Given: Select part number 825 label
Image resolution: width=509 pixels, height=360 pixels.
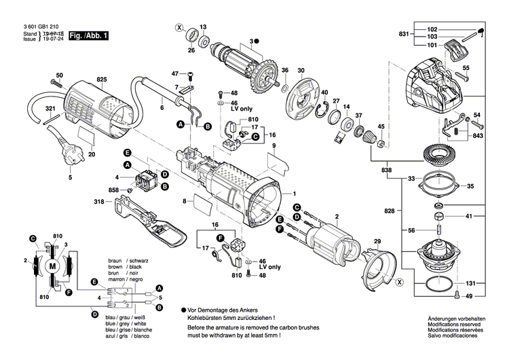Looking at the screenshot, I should pyautogui.click(x=102, y=79).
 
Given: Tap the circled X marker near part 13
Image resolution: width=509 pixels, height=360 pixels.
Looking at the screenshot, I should pyautogui.click(x=179, y=28).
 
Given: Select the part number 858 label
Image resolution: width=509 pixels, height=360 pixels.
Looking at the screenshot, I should pyautogui.click(x=113, y=190).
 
